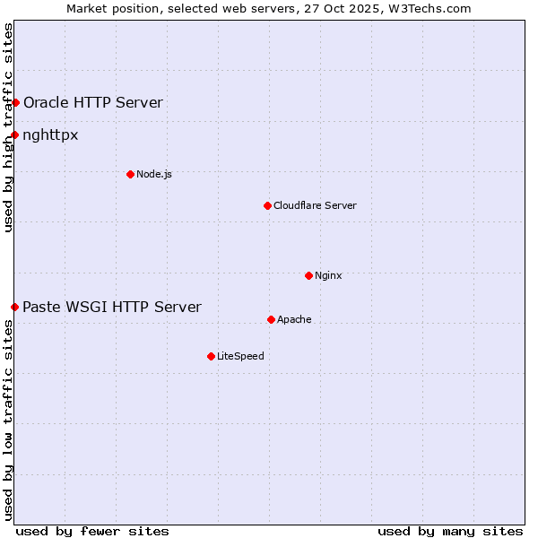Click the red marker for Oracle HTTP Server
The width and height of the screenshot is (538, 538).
click(x=15, y=102)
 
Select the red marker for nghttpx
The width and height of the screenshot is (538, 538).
click(x=14, y=135)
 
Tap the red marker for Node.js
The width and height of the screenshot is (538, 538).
click(x=130, y=174)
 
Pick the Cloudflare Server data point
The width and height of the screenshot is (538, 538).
click(x=267, y=205)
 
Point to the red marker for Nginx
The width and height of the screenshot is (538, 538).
click(x=308, y=275)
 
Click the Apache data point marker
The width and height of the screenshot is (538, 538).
click(x=271, y=319)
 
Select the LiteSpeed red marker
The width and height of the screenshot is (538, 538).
click(x=211, y=356)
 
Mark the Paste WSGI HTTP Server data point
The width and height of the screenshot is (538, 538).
click(x=14, y=308)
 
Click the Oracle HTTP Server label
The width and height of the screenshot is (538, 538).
click(x=93, y=102)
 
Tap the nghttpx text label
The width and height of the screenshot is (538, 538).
click(x=51, y=135)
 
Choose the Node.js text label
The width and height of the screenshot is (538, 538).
click(x=154, y=174)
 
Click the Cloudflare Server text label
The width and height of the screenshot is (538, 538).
click(x=315, y=205)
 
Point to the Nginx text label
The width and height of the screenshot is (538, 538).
click(x=328, y=275)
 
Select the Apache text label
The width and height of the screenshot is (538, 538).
click(x=294, y=319)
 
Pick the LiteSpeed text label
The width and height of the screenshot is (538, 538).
click(x=240, y=356)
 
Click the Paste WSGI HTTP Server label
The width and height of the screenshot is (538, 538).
click(x=112, y=308)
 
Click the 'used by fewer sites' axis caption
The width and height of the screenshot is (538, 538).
click(x=92, y=531)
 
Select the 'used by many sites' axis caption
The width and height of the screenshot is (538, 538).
click(x=450, y=531)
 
